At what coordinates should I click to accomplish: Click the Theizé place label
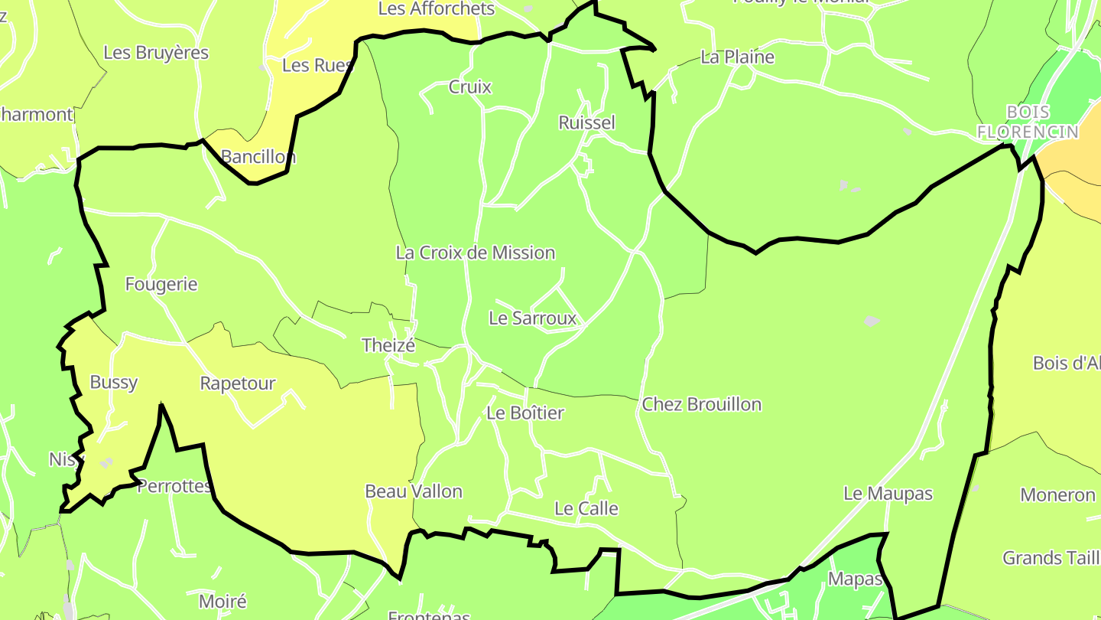click(x=388, y=345)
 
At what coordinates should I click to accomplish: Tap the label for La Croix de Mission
click(x=475, y=253)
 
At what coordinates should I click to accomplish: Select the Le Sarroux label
click(x=532, y=318)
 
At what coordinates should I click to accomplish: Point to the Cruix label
click(x=469, y=86)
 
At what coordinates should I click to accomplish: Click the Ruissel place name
click(x=586, y=122)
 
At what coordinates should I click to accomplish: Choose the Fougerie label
click(x=161, y=285)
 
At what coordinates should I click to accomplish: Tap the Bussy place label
click(x=114, y=383)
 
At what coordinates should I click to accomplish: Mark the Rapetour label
click(x=237, y=383)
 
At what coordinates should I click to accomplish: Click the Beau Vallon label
click(x=414, y=491)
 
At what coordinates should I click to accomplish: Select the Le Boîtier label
click(x=525, y=413)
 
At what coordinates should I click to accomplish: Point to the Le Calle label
click(x=586, y=508)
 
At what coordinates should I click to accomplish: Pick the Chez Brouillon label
click(x=702, y=404)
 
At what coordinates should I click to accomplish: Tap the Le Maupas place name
click(x=888, y=494)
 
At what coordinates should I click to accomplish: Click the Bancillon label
click(x=258, y=157)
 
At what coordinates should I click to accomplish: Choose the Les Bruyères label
click(x=156, y=53)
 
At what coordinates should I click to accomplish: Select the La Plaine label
click(x=737, y=57)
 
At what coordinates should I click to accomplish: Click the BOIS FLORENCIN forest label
click(x=1028, y=122)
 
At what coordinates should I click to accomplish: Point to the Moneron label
click(x=1057, y=494)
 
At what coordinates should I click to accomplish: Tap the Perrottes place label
click(x=174, y=486)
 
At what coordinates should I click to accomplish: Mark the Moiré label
click(x=222, y=601)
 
